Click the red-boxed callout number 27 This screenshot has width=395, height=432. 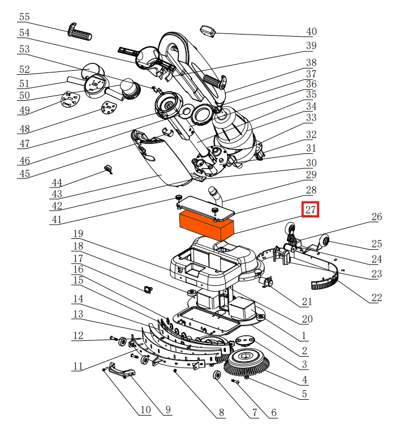click(x=310, y=210)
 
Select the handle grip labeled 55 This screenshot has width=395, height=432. click(x=80, y=32)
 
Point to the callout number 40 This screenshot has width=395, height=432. click(x=311, y=32)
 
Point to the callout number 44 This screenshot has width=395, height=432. click(x=56, y=183)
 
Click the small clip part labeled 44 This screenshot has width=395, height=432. click(x=108, y=168)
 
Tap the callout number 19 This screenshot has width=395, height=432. click(x=78, y=234)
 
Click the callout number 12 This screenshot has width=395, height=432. click(x=78, y=336)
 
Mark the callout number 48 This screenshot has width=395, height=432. click(x=24, y=128)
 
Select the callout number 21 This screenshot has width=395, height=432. click(x=307, y=302)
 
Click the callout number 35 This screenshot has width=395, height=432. click(x=311, y=95)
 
